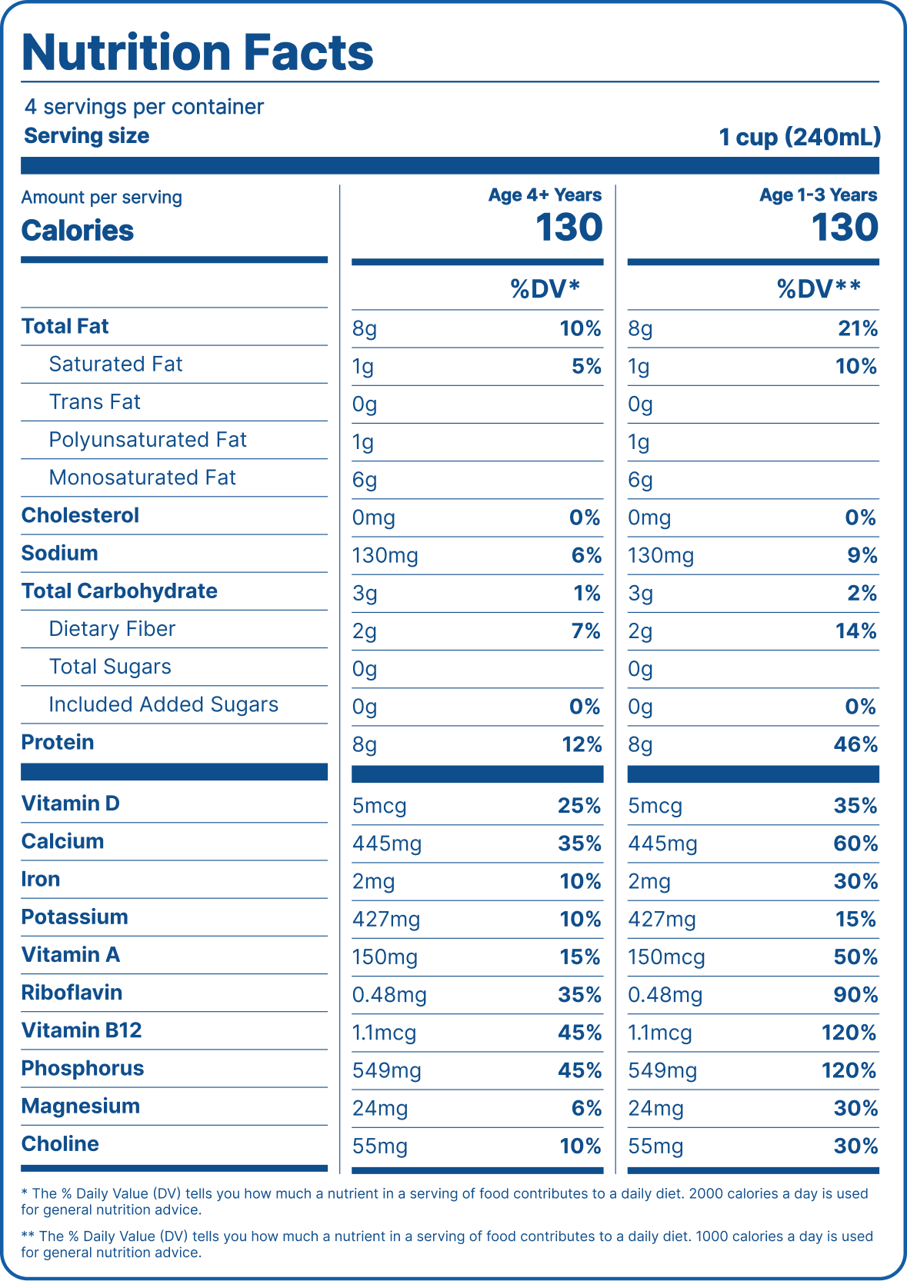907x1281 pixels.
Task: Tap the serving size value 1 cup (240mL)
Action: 799,137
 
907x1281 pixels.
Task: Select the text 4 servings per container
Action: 144,107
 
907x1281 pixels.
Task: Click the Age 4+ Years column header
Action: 545,195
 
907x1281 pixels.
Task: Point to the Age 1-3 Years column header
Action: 818,195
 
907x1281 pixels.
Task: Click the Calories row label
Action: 78,231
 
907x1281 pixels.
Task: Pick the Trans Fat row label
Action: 95,402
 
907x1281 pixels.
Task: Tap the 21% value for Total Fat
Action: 857,329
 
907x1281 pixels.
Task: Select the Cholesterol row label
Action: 80,515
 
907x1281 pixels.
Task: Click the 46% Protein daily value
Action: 855,744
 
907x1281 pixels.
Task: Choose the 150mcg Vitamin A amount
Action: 666,957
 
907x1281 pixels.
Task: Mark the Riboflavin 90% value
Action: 855,995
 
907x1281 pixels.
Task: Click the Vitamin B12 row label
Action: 82,1030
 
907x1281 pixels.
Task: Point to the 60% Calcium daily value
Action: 855,843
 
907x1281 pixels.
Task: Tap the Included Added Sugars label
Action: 163,704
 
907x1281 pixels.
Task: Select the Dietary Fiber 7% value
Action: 585,631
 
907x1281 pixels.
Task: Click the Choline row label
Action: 60,1144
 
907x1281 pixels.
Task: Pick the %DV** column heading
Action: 818,289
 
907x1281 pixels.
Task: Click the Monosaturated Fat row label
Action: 142,477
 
